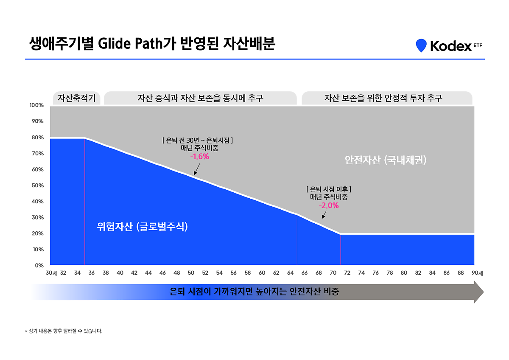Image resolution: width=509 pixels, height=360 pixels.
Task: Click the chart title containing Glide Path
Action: [x=152, y=44]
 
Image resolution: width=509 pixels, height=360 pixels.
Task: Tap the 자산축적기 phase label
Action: [x=77, y=98]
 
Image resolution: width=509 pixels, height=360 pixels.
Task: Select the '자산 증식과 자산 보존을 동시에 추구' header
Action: [x=200, y=98]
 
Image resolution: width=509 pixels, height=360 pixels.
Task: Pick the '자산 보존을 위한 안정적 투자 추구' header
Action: [x=387, y=98]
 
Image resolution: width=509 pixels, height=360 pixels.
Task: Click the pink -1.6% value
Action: [x=199, y=156]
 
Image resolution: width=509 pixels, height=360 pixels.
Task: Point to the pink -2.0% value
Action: [x=329, y=205]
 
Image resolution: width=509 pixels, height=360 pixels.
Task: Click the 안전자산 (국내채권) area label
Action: [x=385, y=160]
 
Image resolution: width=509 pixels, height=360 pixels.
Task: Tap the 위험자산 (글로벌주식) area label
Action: [x=142, y=227]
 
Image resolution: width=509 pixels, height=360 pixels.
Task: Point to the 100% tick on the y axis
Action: [x=37, y=105]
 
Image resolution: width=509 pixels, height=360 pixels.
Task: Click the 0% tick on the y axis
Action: [x=39, y=265]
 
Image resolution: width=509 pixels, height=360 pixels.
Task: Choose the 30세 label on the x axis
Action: [x=52, y=273]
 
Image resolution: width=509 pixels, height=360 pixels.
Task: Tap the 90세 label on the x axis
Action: [x=478, y=273]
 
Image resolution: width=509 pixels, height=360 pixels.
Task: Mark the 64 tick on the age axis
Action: [x=290, y=273]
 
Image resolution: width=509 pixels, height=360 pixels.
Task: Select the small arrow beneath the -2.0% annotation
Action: [x=324, y=214]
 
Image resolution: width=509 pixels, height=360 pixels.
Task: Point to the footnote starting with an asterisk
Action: [x=64, y=331]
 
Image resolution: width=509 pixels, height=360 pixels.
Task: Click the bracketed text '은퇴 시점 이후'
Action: [x=329, y=189]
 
